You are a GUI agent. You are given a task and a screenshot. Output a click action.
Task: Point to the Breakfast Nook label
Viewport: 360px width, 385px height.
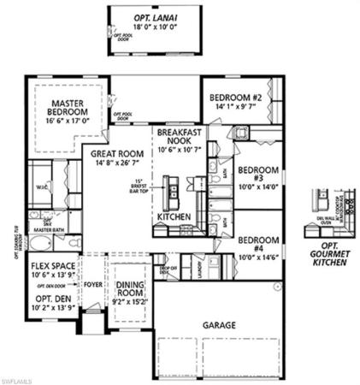178,137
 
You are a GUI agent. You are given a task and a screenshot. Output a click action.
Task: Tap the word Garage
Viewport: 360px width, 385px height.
220,325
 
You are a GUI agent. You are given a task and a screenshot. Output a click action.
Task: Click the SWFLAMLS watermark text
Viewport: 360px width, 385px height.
20,377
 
